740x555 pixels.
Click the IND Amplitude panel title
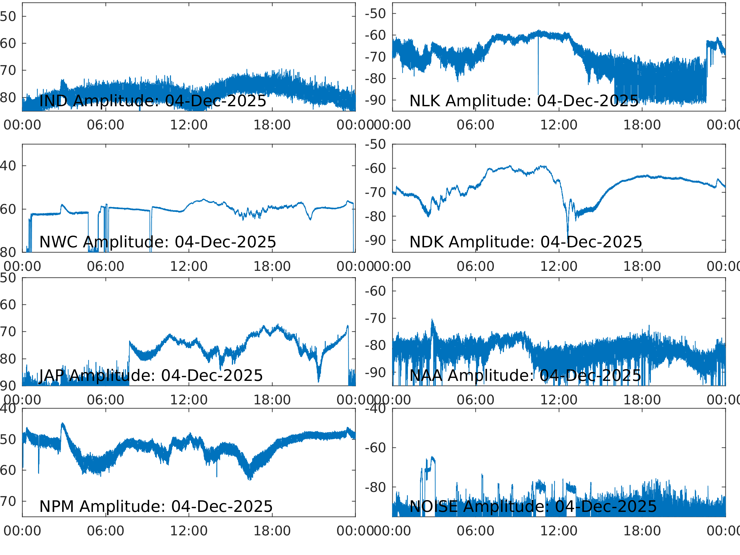[153, 101]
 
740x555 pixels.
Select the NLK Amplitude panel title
[524, 101]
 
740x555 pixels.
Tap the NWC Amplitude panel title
[158, 242]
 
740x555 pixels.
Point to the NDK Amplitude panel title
[526, 242]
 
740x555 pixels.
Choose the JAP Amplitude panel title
[151, 376]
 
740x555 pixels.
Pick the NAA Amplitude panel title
[525, 376]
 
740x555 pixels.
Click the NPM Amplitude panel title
[156, 506]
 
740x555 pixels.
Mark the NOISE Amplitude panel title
[533, 506]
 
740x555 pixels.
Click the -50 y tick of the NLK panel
[375, 14]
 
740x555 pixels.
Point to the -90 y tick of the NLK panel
[375, 100]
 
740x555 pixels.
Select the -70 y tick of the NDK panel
[375, 193]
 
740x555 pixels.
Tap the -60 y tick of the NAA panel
[375, 291]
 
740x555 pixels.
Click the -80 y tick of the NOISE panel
[375, 488]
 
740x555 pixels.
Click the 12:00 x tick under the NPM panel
[189, 531]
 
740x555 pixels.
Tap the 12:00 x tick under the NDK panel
[559, 266]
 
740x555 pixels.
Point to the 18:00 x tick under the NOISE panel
[642, 531]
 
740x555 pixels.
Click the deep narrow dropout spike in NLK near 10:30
[538, 84]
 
